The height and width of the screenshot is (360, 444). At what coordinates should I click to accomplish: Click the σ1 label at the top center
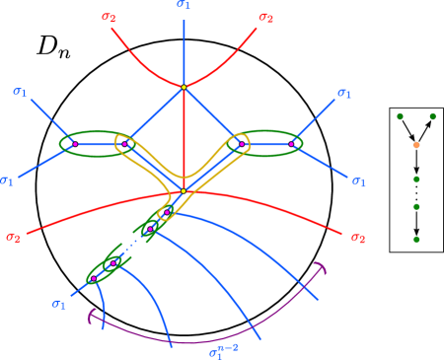pos(184,5)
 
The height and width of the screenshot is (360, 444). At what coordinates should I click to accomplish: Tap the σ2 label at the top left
pos(108,17)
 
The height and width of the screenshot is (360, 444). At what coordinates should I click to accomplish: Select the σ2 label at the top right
pos(265,17)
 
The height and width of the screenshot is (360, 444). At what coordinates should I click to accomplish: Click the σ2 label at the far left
pos(13,237)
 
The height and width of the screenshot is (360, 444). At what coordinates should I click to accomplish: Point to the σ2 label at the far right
pos(357,238)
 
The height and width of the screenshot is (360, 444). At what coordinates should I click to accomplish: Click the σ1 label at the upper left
pos(20,92)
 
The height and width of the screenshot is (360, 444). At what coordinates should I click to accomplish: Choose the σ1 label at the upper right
pos(343,94)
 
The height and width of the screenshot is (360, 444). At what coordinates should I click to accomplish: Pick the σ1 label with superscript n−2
pos(221,350)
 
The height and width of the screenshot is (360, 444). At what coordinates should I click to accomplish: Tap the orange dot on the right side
pos(416,145)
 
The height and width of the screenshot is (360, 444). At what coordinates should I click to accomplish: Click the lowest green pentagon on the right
pos(416,239)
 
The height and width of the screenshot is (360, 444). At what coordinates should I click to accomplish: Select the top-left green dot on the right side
pos(400,116)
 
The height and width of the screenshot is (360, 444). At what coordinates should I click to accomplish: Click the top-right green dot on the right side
pos(432,116)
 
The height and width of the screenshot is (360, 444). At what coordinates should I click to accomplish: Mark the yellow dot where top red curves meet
pos(184,88)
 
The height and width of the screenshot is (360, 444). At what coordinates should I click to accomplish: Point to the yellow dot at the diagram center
pos(184,190)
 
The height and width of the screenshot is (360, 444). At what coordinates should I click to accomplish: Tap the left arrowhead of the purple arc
pos(92,315)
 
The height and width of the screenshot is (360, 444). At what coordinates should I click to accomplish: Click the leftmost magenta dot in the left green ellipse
pos(74,144)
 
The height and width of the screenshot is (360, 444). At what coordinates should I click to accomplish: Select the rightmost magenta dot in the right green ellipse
pos(292,144)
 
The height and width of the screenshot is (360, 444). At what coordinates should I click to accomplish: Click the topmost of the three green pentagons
pos(416,179)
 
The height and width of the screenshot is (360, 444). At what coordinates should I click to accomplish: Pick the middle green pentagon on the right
pos(416,207)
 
